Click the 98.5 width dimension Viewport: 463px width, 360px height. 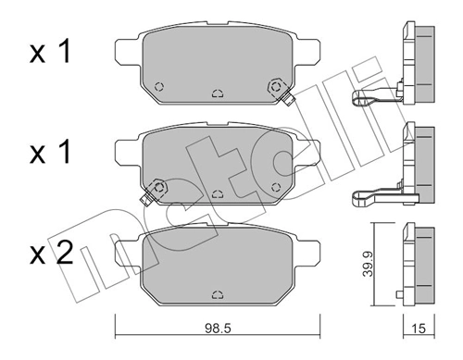coord(216,328)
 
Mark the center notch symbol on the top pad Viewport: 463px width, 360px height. coord(216,93)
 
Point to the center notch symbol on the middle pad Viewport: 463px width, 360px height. coord(216,194)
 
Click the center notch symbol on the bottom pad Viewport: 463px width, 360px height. coord(216,293)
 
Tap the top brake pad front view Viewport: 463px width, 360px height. coord(216,65)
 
